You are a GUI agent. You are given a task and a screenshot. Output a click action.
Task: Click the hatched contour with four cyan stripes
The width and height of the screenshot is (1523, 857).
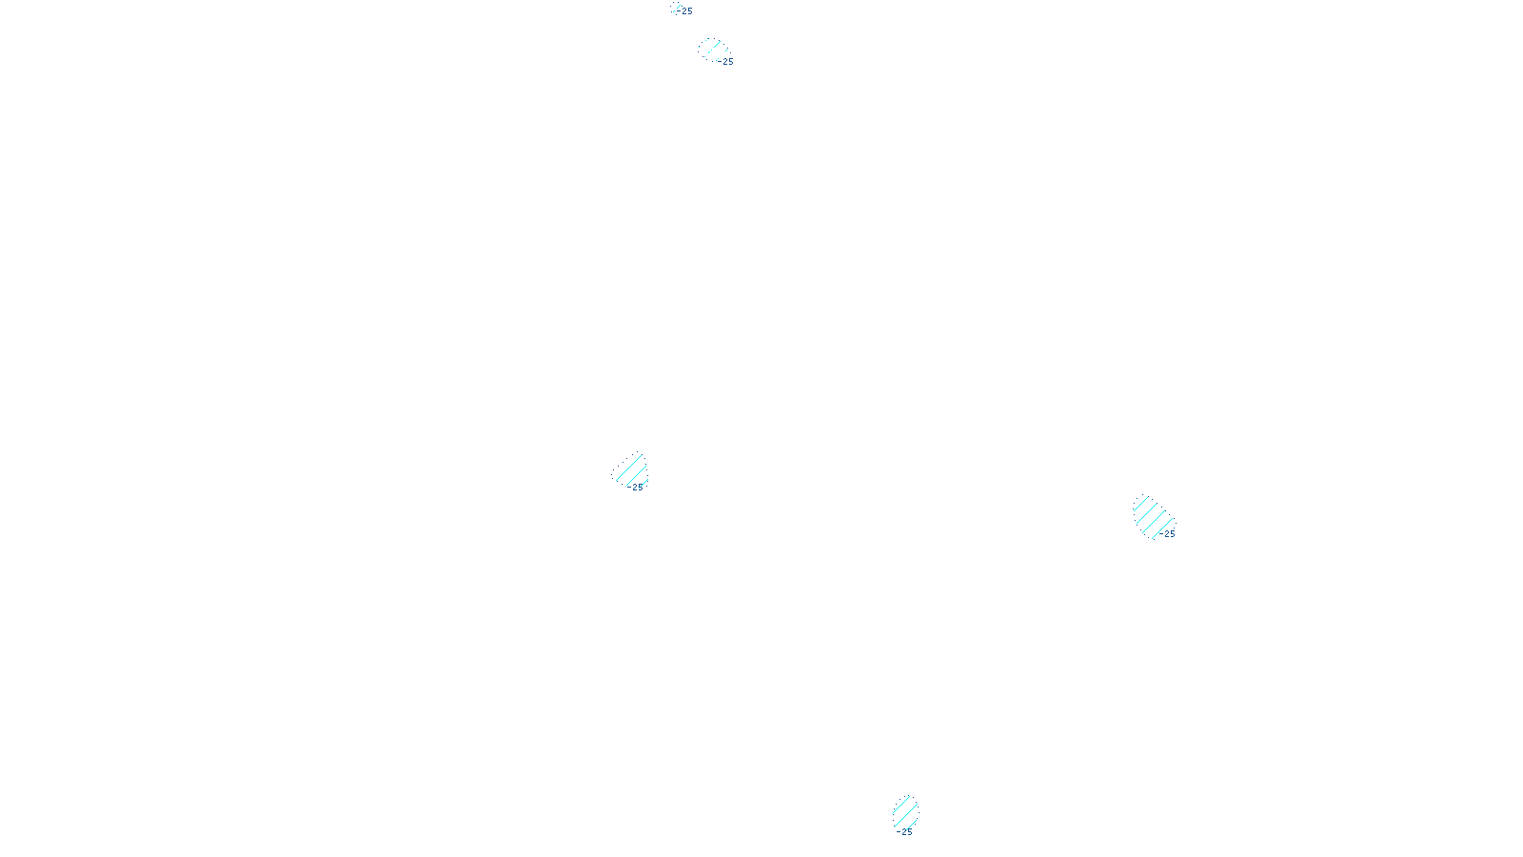click(x=1152, y=517)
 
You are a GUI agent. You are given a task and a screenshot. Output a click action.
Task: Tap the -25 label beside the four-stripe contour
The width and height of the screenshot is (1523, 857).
click(x=1168, y=534)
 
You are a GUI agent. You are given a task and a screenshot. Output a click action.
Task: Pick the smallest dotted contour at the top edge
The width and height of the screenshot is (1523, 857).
click(x=675, y=8)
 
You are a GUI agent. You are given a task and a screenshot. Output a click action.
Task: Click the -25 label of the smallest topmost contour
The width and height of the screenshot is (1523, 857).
click(x=686, y=11)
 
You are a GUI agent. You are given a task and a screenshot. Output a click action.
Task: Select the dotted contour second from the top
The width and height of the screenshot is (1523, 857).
click(x=712, y=49)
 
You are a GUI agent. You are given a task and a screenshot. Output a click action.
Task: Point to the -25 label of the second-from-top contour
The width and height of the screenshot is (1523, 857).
click(x=726, y=62)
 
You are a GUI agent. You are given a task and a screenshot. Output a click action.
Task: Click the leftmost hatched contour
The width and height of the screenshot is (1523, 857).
click(x=630, y=470)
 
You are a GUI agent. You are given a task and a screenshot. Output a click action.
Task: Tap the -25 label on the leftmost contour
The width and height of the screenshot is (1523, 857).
click(x=636, y=488)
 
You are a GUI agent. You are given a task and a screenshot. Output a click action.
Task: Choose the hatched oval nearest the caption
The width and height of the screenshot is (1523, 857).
click(x=905, y=812)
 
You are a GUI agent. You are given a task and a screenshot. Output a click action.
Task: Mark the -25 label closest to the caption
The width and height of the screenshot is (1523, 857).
click(x=904, y=832)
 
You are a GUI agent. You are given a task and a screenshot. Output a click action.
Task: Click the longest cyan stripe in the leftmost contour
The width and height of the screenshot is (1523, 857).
click(x=630, y=470)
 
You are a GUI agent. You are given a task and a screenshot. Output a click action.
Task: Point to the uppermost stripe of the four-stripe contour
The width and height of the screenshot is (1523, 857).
click(x=1143, y=506)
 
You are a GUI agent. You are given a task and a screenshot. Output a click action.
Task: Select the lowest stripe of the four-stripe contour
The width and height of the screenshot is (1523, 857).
click(x=1162, y=528)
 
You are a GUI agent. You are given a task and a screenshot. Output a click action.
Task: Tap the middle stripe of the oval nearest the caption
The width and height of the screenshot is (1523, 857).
click(x=905, y=812)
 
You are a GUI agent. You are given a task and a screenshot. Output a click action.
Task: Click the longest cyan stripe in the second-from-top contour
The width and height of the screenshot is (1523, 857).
click(x=712, y=49)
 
